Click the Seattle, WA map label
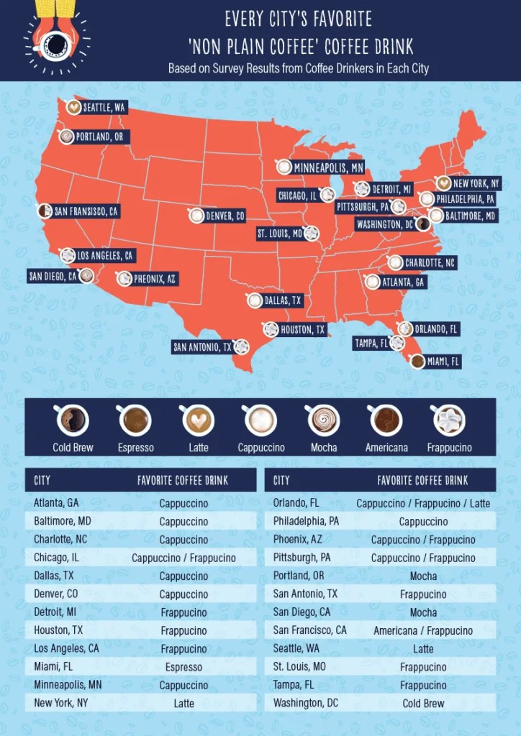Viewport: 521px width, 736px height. pos(104,108)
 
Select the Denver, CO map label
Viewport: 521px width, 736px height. pos(225,216)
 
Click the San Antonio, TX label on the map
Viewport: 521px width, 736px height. pos(202,347)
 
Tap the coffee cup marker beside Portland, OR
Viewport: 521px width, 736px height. pos(66,137)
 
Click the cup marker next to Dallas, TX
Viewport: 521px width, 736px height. pos(255,300)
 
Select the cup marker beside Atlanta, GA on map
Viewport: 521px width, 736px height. pos(372,282)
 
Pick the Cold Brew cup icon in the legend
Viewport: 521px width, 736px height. pos(73,420)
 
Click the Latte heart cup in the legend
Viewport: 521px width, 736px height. pos(198,420)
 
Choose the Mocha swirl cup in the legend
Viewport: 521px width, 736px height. pos(323,420)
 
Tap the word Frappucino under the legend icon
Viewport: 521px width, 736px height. pos(448,448)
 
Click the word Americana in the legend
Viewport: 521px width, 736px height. pos(386,448)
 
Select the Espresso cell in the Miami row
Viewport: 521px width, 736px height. pos(184,667)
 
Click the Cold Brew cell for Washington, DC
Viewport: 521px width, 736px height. pos(423,703)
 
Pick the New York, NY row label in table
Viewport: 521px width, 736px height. pos(60,703)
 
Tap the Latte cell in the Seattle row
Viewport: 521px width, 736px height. pos(423,648)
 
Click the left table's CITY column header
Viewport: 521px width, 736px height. pos(42,480)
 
